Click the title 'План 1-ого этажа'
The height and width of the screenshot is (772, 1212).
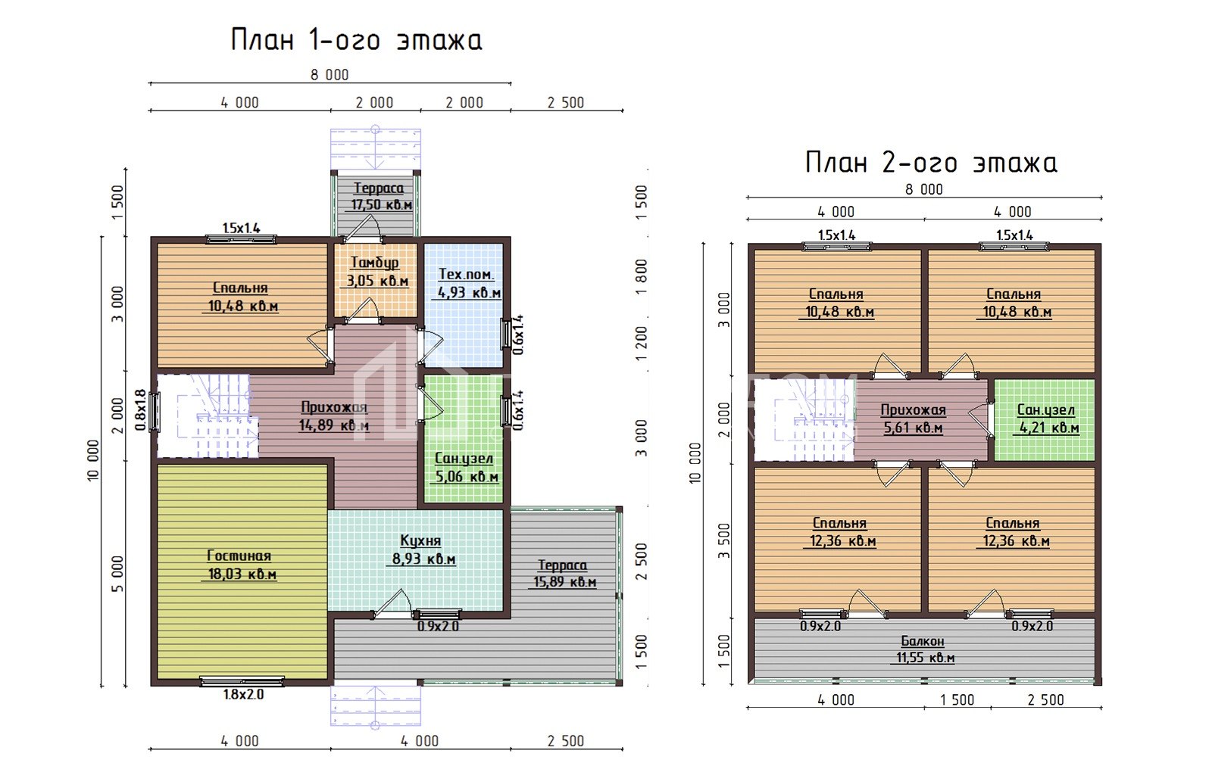(x=356, y=40)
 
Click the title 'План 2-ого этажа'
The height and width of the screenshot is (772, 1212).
(x=931, y=163)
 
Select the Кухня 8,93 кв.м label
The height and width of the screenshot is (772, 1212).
(x=422, y=550)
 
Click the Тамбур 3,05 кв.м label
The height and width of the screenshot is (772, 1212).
(x=376, y=272)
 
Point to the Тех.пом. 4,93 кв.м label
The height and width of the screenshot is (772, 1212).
(x=467, y=283)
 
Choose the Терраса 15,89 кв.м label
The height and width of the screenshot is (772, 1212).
(x=564, y=574)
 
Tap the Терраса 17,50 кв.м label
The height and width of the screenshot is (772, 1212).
(x=379, y=196)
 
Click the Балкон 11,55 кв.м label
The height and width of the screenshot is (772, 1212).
(x=923, y=649)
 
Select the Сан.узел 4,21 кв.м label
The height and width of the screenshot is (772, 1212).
(x=1047, y=419)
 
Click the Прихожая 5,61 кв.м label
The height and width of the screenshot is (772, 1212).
(x=913, y=419)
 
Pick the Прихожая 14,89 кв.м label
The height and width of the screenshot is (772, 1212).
(x=334, y=416)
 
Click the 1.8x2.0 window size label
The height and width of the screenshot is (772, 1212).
(x=243, y=695)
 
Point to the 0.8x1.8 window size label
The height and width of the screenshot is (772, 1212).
(x=140, y=410)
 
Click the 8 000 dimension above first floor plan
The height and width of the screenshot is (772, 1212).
(x=330, y=75)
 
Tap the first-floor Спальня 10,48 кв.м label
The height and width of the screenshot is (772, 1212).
(x=241, y=297)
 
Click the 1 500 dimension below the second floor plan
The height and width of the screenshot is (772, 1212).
(x=957, y=700)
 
